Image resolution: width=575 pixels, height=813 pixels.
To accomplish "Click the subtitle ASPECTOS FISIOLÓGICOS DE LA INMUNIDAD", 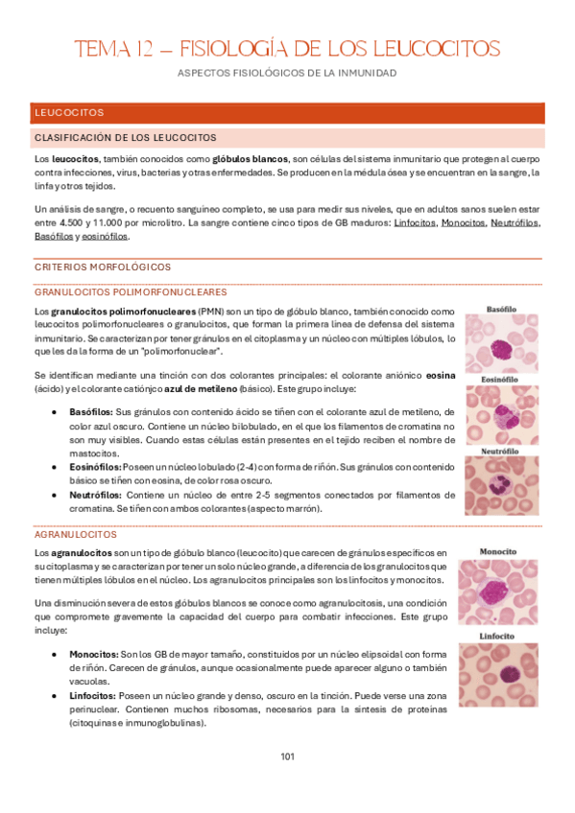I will click(287, 73).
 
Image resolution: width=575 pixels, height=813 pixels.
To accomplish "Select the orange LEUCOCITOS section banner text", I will click(69, 113).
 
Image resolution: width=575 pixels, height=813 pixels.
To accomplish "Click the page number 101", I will click(287, 756).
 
